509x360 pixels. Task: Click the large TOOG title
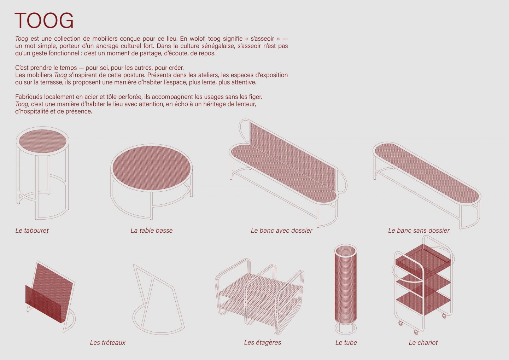pos(44,21)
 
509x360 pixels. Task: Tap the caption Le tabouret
pos(32,231)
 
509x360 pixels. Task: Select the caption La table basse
pos(152,231)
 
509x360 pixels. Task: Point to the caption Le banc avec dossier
pos(281,231)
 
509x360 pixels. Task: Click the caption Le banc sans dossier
pos(419,231)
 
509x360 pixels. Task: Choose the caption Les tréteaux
pos(107,343)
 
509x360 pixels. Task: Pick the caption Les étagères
pos(262,342)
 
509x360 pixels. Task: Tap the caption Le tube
pos(346,343)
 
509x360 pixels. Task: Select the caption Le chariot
pos(423,343)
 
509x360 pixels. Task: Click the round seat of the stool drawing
pos(42,141)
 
